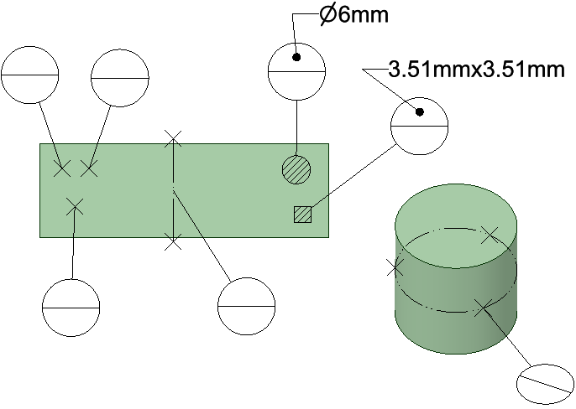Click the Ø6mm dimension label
[353, 15]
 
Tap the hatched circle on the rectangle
[296, 169]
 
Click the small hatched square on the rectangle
[302, 215]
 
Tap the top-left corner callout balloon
[30, 75]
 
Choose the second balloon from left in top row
[119, 79]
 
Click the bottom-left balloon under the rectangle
[71, 308]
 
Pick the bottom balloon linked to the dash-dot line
[246, 307]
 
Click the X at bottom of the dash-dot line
[172, 243]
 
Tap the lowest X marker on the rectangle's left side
[75, 205]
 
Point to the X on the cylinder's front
[480, 308]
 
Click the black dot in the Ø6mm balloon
[296, 58]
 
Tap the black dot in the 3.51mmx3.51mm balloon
[419, 112]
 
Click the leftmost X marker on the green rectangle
[61, 168]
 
